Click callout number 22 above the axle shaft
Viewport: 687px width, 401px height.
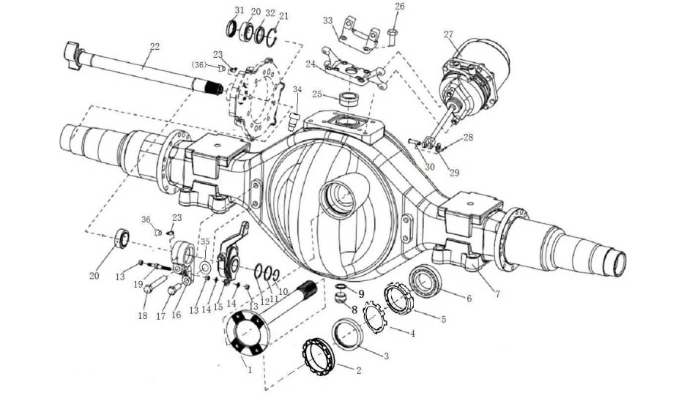(154, 47)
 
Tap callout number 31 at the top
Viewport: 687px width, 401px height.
(239, 10)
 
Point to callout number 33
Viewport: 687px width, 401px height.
(327, 20)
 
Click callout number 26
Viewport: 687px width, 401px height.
(399, 7)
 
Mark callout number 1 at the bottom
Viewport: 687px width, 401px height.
(249, 370)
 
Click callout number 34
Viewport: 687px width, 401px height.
(297, 89)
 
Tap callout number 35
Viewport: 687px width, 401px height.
(205, 241)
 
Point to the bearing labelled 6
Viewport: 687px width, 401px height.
(424, 282)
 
